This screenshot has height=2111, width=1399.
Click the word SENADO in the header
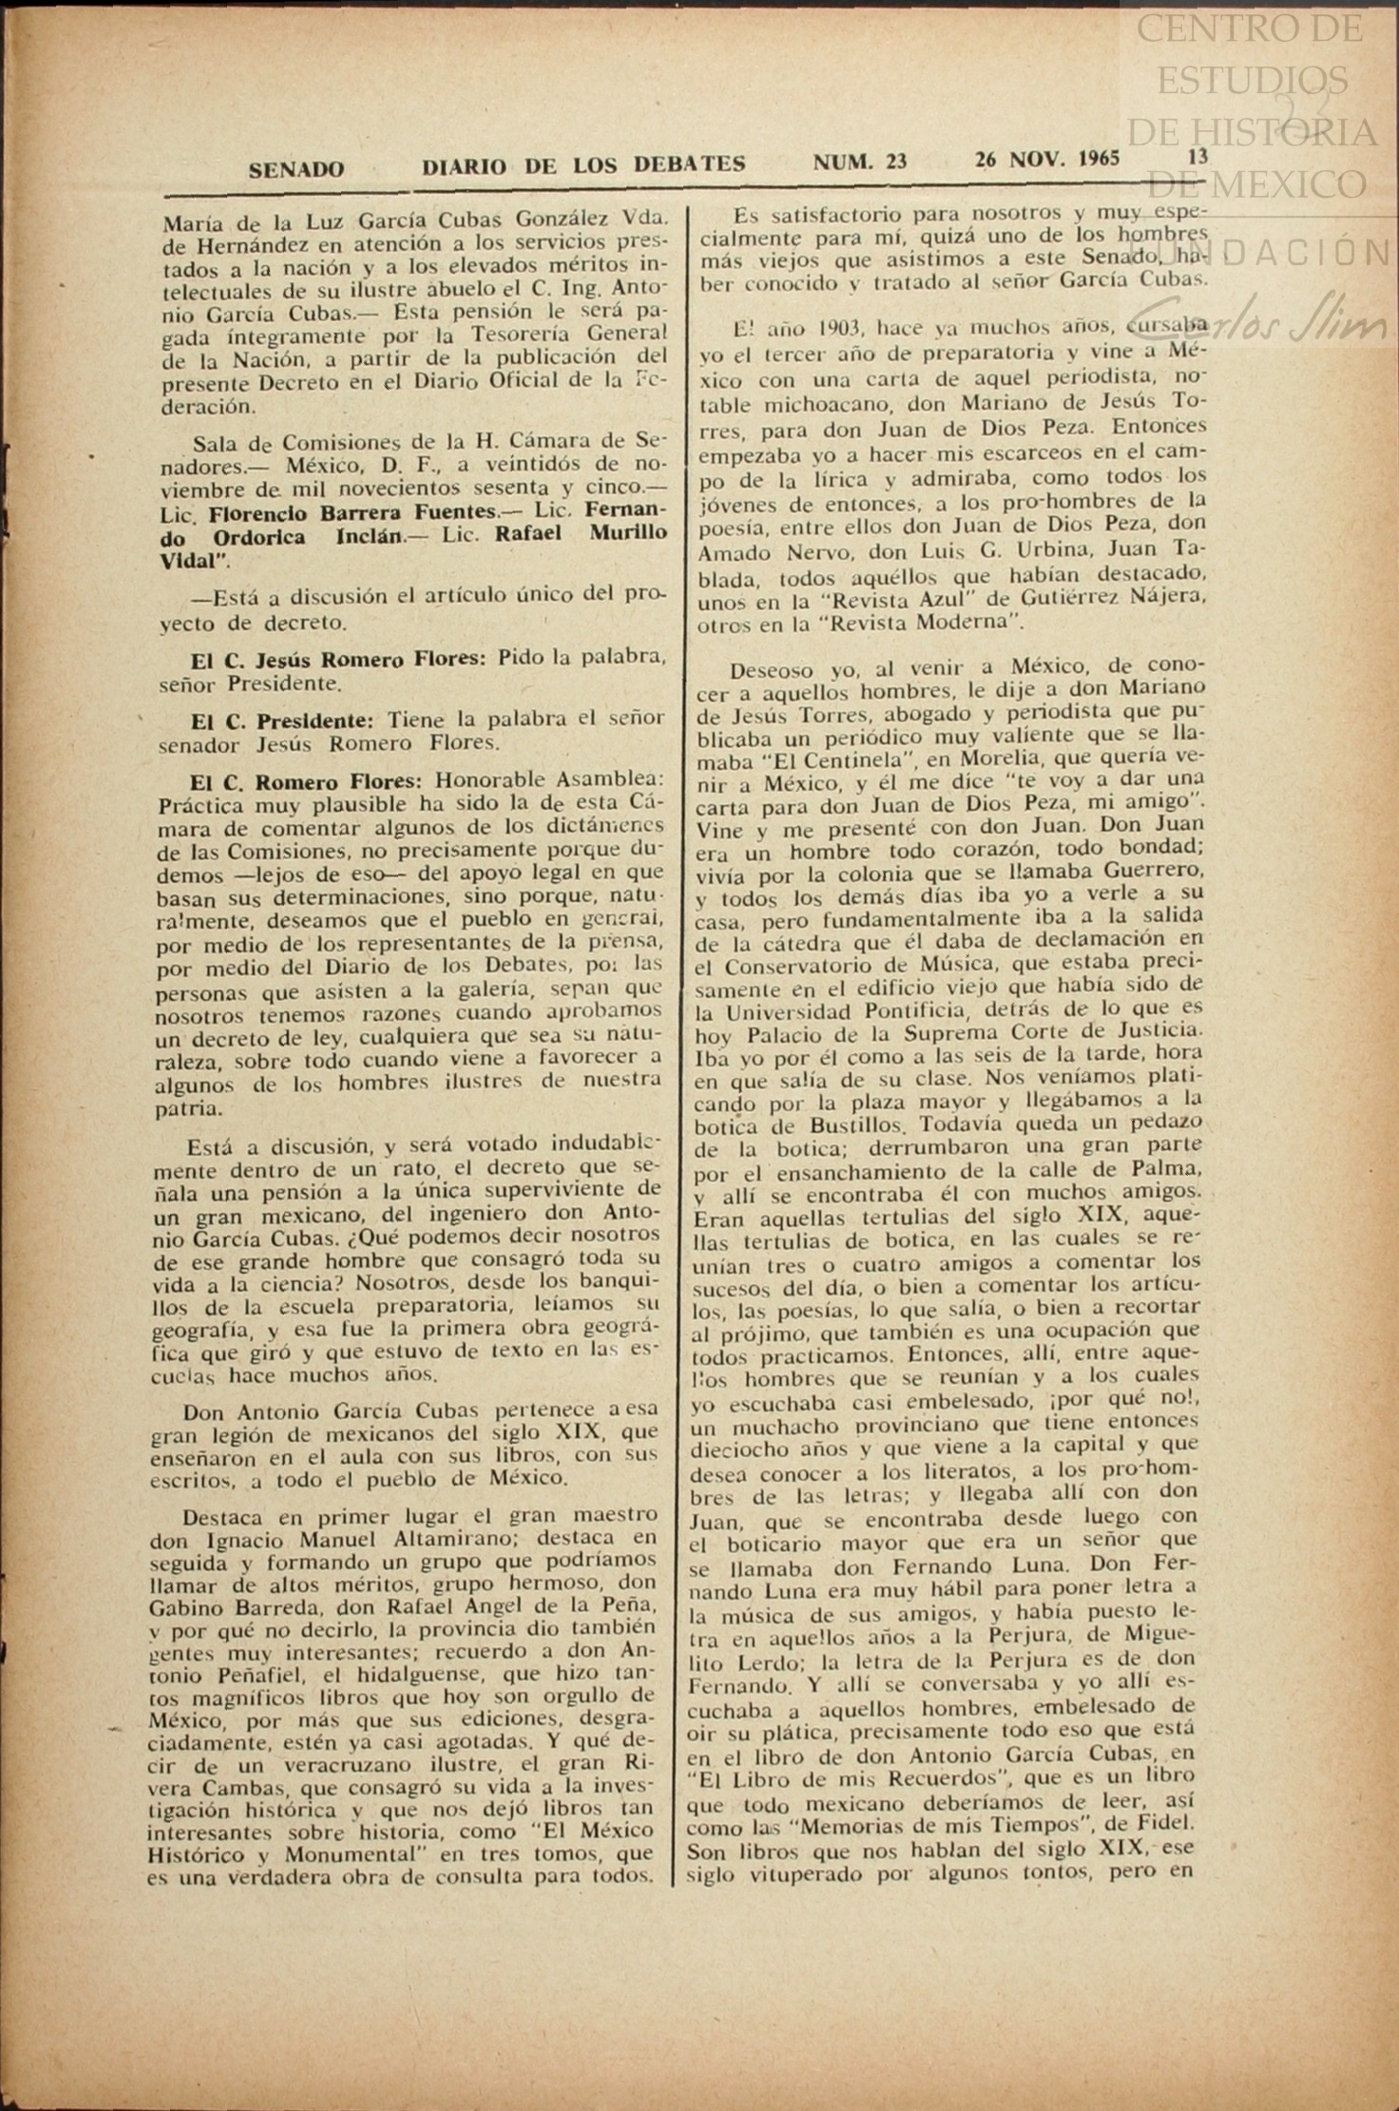[x=296, y=169]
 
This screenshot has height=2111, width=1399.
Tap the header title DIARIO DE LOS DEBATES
[x=584, y=164]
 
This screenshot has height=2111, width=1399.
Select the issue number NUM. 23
[x=859, y=162]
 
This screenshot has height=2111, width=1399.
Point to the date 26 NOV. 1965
[x=1047, y=158]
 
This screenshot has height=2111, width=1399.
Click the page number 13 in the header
[x=1198, y=156]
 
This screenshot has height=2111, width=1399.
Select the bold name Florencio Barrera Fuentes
[x=354, y=512]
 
